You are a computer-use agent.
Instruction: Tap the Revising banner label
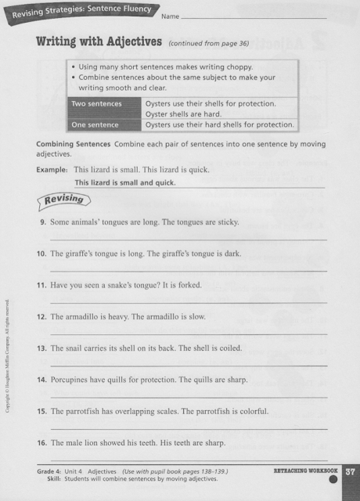coord(62,200)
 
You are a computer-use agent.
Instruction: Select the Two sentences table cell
coord(97,103)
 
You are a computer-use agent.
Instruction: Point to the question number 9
coord(42,222)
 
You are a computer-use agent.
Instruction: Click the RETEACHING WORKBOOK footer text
coord(305,471)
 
